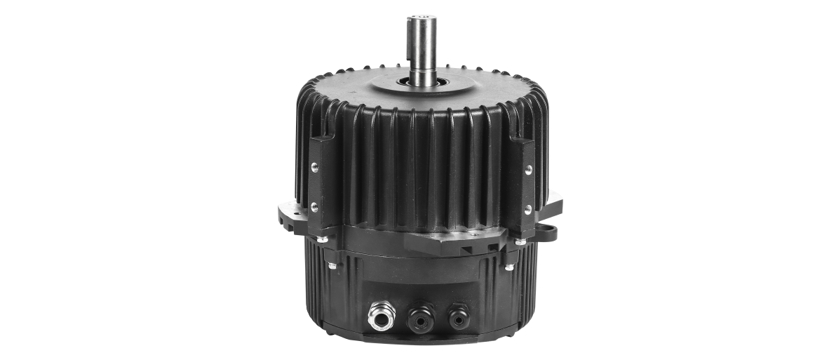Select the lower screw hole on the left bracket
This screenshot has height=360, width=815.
(x=314, y=206)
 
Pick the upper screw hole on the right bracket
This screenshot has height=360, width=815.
(x=528, y=169)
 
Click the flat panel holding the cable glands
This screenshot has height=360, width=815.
(x=421, y=295)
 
